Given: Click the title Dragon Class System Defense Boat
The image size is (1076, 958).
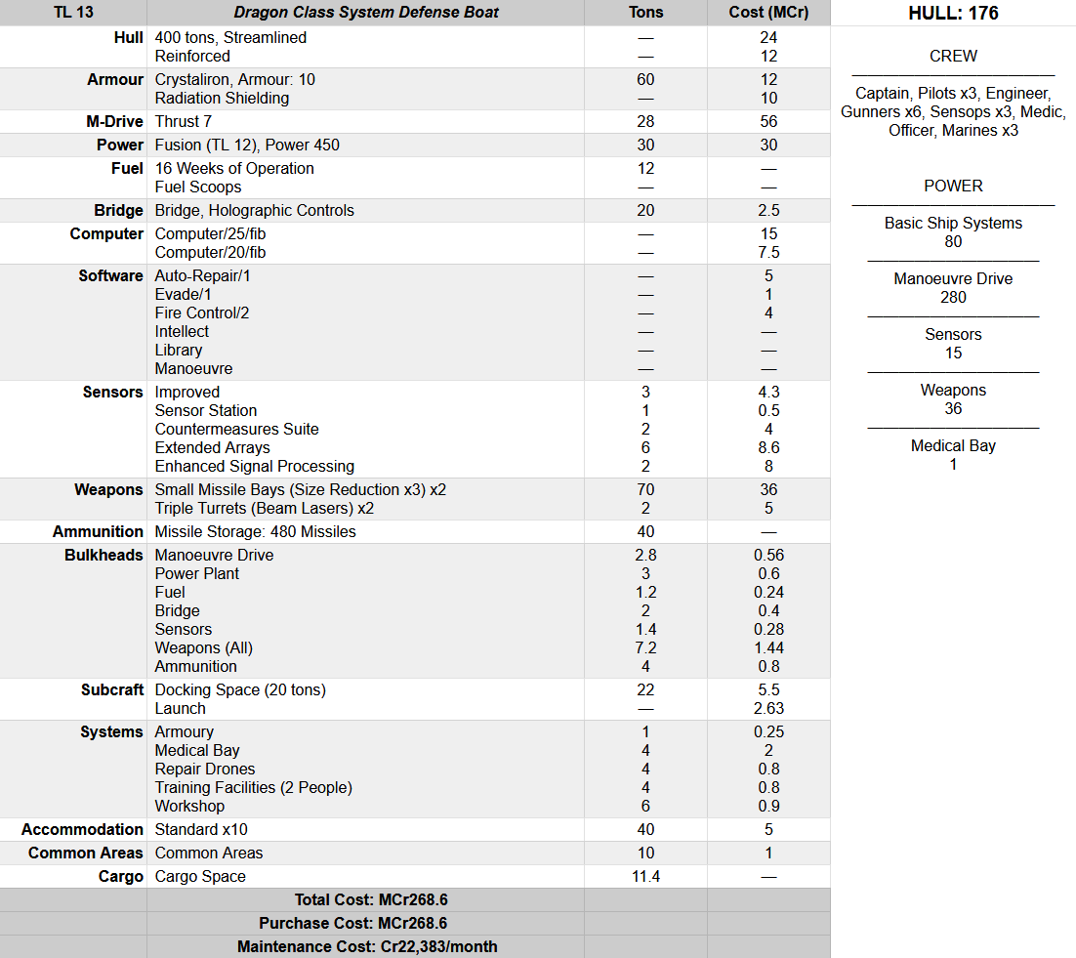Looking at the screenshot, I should click(x=366, y=13).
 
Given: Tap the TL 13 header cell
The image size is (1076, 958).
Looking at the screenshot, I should click(x=73, y=13).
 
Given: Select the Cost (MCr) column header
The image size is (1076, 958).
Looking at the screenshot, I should click(x=768, y=13).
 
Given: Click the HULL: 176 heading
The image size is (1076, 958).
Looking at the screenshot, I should click(x=953, y=13).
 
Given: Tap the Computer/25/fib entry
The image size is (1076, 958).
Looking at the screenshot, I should click(x=210, y=233).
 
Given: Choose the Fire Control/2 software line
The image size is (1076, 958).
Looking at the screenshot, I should click(x=202, y=312).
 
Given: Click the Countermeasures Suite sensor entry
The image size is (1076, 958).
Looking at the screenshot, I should click(x=237, y=429).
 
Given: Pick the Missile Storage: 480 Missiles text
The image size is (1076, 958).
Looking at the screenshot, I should click(x=256, y=531).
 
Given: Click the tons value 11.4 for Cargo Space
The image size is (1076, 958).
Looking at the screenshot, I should click(x=645, y=876).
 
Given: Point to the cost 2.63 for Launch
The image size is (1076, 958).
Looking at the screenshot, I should click(x=768, y=708).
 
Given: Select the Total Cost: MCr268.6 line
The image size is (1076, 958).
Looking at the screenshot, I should click(x=371, y=899).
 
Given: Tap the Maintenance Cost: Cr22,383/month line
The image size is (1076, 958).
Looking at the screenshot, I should click(x=367, y=946).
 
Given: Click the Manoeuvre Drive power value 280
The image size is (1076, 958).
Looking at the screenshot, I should click(x=953, y=297).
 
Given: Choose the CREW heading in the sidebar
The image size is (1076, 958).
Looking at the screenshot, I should click(x=953, y=56).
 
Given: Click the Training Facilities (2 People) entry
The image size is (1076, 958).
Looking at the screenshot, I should click(x=254, y=787).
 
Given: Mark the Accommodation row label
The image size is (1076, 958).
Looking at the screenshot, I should click(x=82, y=829).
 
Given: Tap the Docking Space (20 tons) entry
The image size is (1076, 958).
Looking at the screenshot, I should click(x=240, y=689).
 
